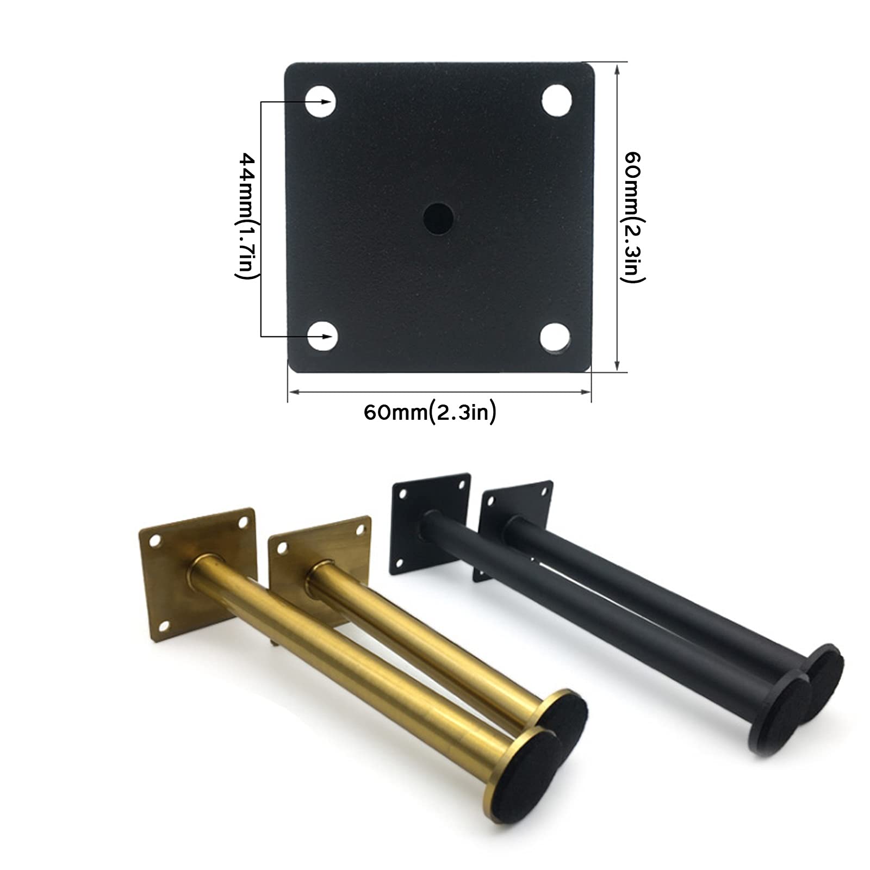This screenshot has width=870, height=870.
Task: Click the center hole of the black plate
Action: tap(439, 216)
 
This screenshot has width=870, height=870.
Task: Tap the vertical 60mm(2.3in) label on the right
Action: tap(633, 216)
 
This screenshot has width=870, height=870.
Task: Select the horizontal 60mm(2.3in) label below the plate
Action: tap(430, 412)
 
